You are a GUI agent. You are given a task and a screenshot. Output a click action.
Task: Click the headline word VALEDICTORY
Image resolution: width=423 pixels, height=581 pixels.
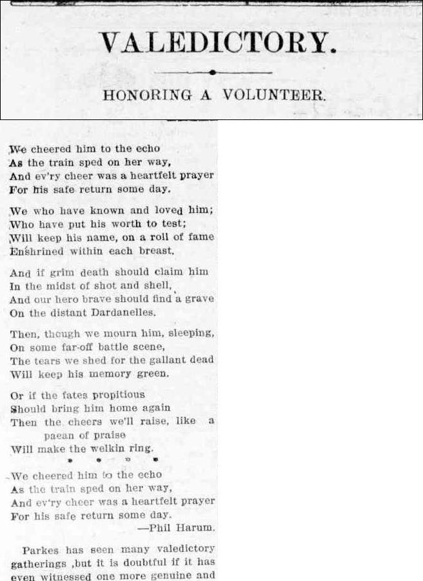[219, 43]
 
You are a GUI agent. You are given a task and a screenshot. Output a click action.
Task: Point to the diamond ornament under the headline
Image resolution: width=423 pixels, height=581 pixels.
[212, 72]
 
